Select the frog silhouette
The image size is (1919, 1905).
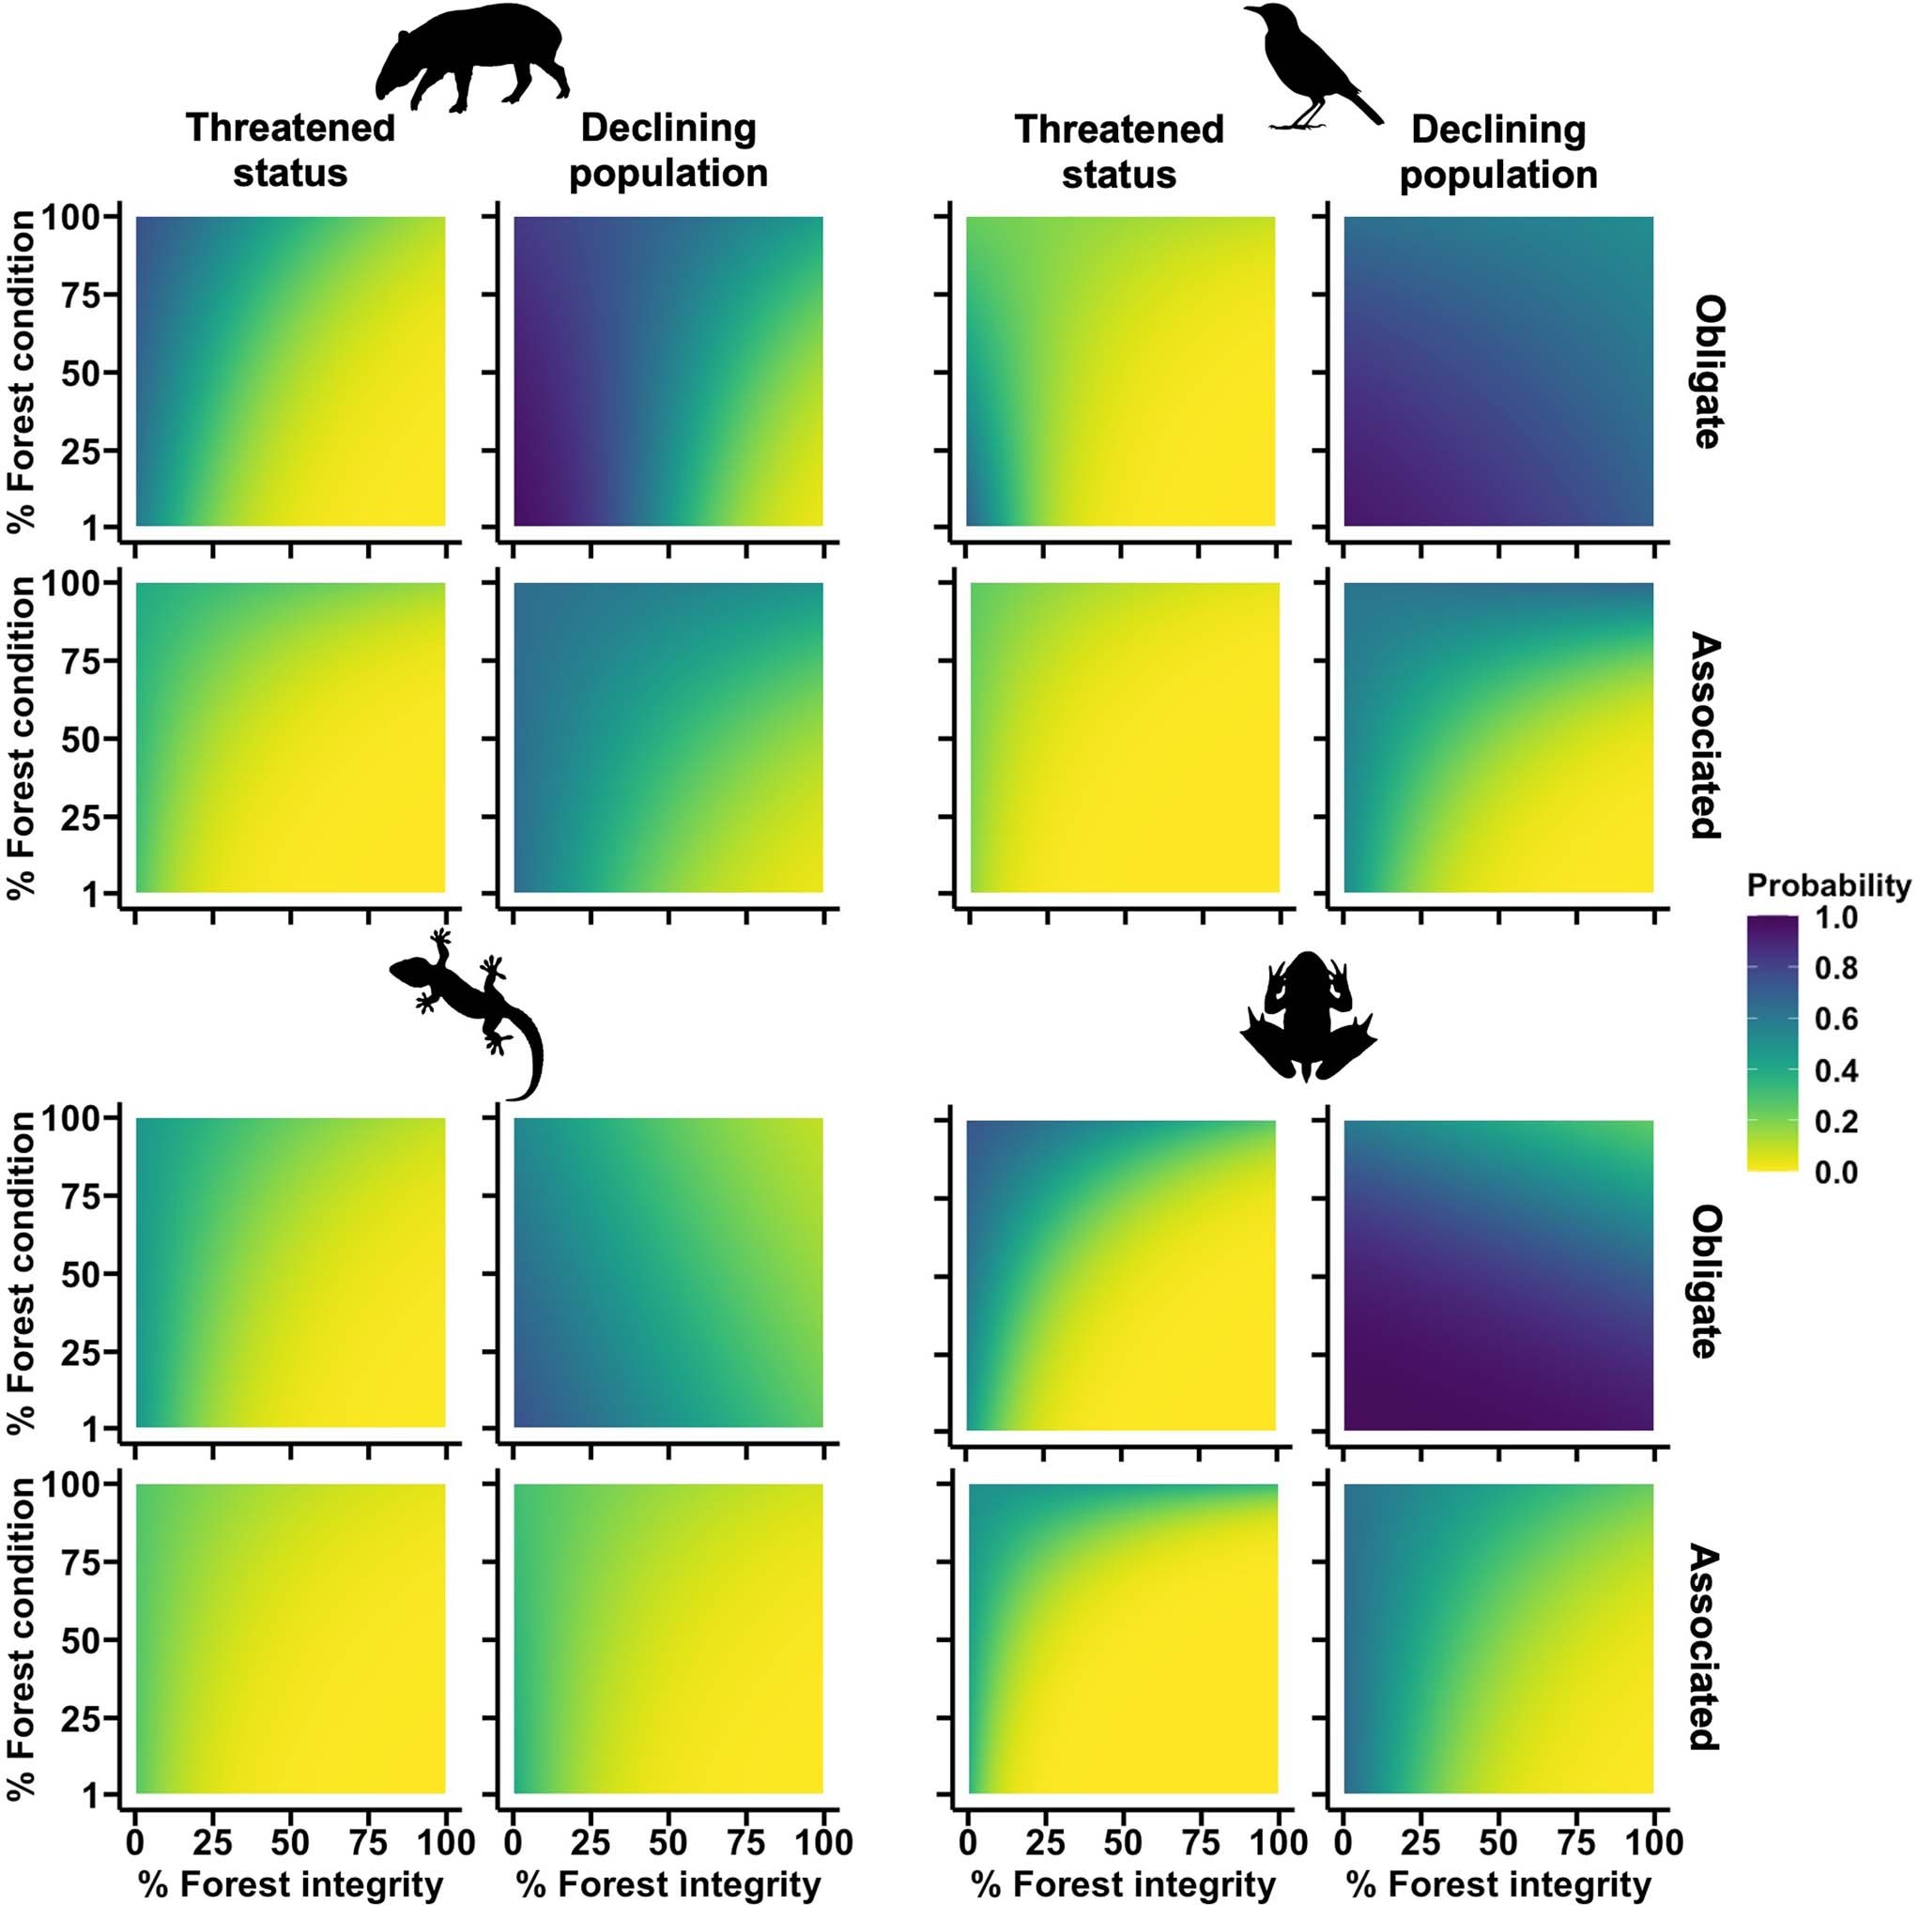(1307, 1018)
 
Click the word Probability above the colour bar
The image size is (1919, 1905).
(1828, 885)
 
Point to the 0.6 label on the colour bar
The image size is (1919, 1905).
(1835, 1019)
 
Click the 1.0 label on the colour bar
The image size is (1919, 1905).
(1835, 917)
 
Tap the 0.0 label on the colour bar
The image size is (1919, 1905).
(1835, 1173)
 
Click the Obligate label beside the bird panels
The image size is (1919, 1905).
(1707, 373)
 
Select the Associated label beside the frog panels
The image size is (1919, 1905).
(1707, 1647)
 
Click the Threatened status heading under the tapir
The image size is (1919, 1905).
(290, 150)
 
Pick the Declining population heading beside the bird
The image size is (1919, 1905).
(1497, 152)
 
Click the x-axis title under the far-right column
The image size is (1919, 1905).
(1497, 1883)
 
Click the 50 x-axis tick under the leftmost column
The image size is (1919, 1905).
(290, 1843)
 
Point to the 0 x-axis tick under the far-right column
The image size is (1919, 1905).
(1343, 1843)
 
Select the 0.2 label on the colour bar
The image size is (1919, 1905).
(1835, 1122)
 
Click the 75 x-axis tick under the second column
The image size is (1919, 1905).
(746, 1843)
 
